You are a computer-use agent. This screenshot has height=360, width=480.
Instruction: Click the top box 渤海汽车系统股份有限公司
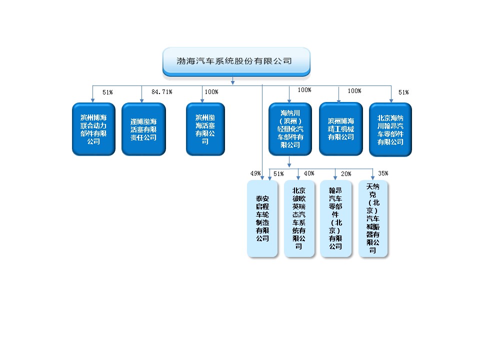pyautogui.click(x=236, y=61)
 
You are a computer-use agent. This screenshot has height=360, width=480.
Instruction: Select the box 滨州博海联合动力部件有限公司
pyautogui.click(x=93, y=129)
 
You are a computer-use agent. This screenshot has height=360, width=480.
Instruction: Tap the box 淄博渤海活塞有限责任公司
pyautogui.click(x=143, y=129)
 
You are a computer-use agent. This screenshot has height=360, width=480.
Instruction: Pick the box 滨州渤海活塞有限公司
pyautogui.click(x=205, y=129)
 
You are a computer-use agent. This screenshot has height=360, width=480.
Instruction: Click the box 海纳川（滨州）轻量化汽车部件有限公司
pyautogui.click(x=290, y=129)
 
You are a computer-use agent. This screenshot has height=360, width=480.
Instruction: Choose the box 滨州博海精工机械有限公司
pyautogui.click(x=341, y=129)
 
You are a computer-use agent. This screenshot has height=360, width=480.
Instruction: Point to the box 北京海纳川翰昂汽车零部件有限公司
pyautogui.click(x=390, y=129)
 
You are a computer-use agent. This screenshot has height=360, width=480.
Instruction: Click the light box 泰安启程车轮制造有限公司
pyautogui.click(x=262, y=218)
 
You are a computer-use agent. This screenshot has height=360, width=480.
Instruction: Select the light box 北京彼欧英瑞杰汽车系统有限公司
pyautogui.click(x=299, y=218)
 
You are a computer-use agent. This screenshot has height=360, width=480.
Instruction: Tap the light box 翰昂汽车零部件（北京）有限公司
pyautogui.click(x=335, y=218)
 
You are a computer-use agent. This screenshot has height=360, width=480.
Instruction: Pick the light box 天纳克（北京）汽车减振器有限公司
pyautogui.click(x=373, y=218)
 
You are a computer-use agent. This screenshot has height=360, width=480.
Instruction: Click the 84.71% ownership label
pyautogui.click(x=162, y=92)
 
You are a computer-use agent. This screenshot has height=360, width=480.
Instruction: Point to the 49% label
pyautogui.click(x=255, y=173)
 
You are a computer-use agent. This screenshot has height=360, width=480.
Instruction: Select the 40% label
pyautogui.click(x=309, y=173)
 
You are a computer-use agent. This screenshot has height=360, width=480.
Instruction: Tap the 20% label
pyautogui.click(x=346, y=174)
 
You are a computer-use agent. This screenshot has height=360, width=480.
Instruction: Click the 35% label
pyautogui.click(x=383, y=173)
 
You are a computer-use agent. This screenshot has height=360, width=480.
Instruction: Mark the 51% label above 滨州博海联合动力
pyautogui.click(x=108, y=92)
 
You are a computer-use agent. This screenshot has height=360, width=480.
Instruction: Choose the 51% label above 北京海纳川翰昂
pyautogui.click(x=404, y=92)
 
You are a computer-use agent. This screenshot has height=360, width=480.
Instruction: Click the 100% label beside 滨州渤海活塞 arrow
pyautogui.click(x=211, y=92)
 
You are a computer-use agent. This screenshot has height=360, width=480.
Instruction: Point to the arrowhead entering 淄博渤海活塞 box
pyautogui.click(x=141, y=100)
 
